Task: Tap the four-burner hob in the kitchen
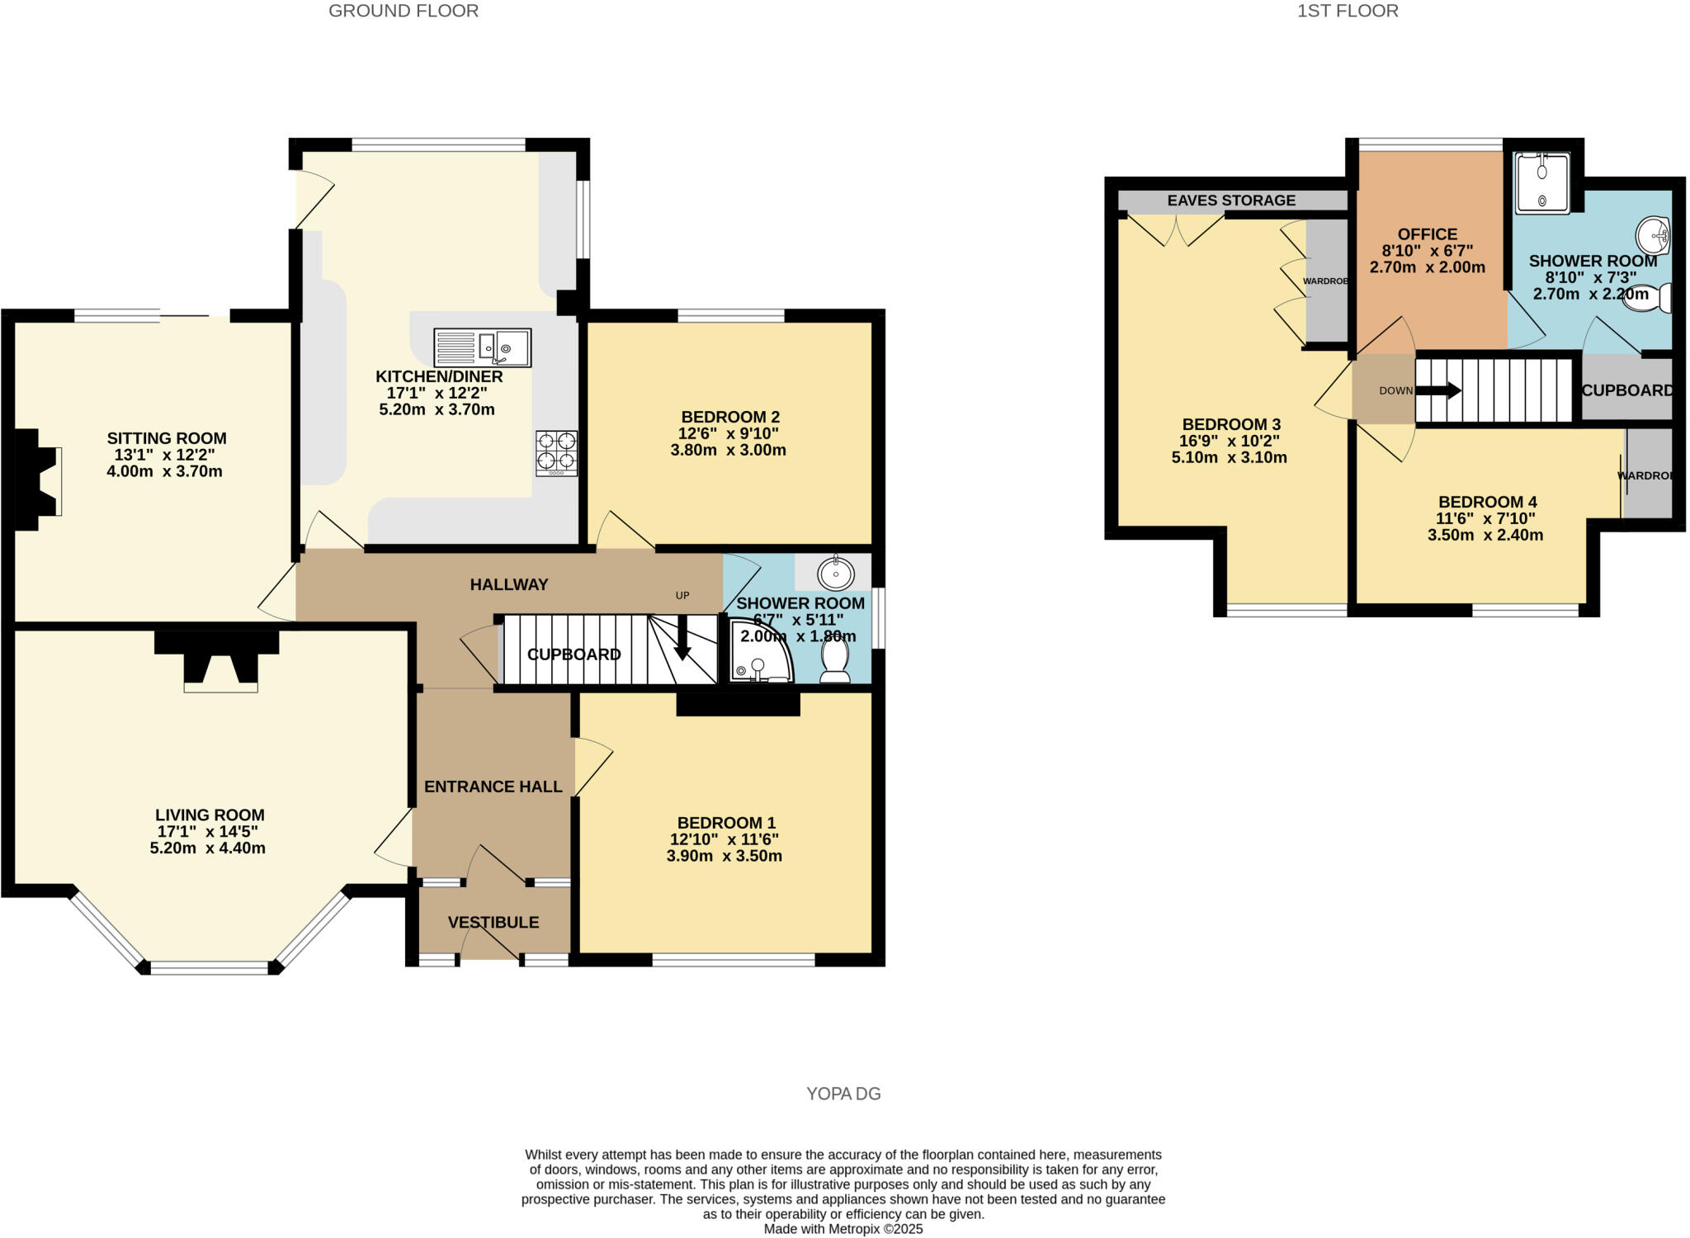pyautogui.click(x=557, y=453)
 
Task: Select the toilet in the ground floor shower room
pyautogui.click(x=834, y=662)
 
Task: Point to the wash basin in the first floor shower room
pyautogui.click(x=1653, y=236)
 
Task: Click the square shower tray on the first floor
pyautogui.click(x=1542, y=182)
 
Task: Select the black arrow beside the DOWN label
pyautogui.click(x=1440, y=390)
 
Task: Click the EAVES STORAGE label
pyautogui.click(x=1231, y=201)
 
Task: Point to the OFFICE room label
pyautogui.click(x=1428, y=234)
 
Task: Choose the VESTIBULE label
pyautogui.click(x=493, y=923)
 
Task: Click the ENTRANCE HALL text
pyautogui.click(x=493, y=787)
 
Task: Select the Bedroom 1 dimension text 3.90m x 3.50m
pyautogui.click(x=725, y=856)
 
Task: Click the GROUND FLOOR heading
pyautogui.click(x=404, y=11)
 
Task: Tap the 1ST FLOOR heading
pyautogui.click(x=1348, y=11)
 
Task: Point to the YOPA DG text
pyautogui.click(x=843, y=1094)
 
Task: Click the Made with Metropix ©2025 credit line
pyautogui.click(x=843, y=1229)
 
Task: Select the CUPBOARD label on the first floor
pyautogui.click(x=1626, y=390)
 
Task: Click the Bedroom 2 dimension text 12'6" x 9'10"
pyautogui.click(x=729, y=433)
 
